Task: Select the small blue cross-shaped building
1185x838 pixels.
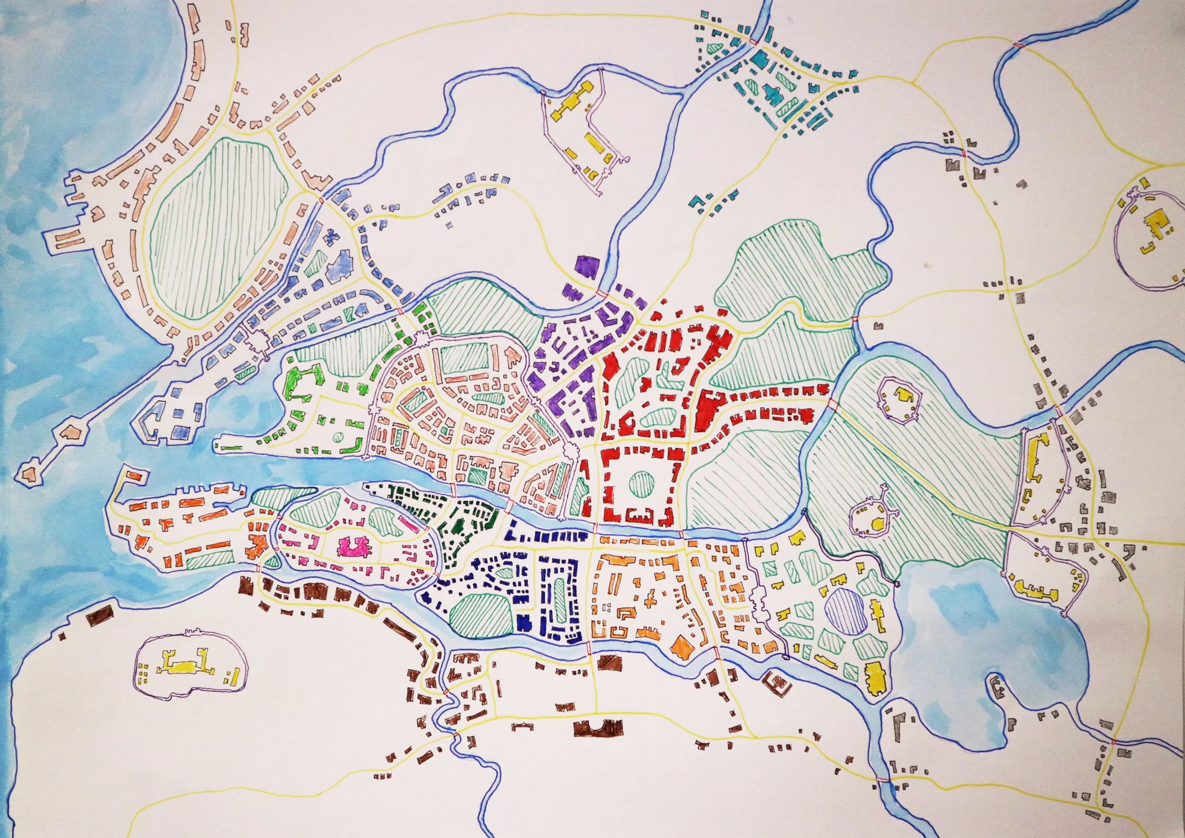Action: click(331, 239)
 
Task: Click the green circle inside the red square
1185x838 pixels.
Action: click(641, 483)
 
